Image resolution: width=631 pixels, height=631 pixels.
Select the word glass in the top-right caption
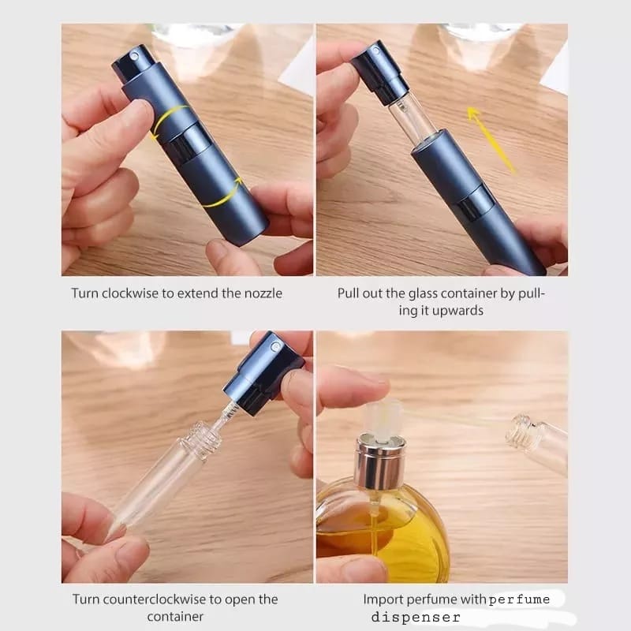point(422,293)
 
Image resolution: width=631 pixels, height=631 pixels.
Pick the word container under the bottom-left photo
point(175,617)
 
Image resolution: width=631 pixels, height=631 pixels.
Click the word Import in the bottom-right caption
point(383,599)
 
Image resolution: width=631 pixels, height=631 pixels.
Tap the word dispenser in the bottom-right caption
point(416,617)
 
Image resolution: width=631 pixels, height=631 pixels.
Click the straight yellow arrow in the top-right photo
point(491,140)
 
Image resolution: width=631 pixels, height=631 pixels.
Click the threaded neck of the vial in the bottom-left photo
point(202,439)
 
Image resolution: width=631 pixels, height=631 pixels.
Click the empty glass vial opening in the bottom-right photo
point(519,433)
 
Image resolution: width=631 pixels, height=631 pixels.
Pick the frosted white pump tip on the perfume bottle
point(383,420)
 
